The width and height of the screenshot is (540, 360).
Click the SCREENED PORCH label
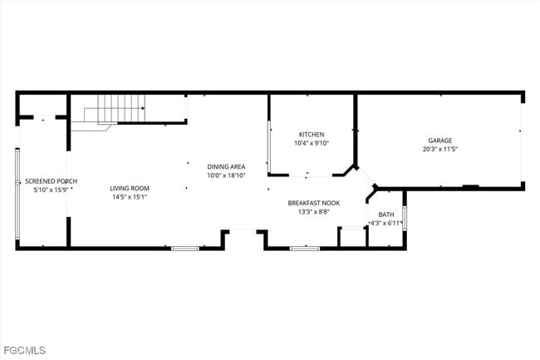[51, 180]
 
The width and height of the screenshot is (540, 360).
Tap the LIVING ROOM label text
[130, 188]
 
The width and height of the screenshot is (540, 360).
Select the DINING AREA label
[226, 166]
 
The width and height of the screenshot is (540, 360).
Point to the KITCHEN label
[312, 135]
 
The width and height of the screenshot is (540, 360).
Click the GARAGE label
[440, 141]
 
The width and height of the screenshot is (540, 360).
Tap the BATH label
[386, 215]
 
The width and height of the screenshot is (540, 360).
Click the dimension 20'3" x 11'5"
[440, 150]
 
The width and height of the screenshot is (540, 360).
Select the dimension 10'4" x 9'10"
[312, 143]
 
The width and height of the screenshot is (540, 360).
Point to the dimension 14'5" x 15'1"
[130, 197]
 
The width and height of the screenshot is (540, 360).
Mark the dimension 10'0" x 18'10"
[226, 175]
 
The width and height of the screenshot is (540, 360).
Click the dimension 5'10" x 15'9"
[51, 190]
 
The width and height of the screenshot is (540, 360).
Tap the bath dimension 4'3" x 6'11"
[385, 223]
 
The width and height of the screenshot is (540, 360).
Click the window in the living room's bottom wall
[184, 248]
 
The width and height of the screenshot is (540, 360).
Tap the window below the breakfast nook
[305, 248]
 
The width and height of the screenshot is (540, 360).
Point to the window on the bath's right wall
[405, 217]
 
